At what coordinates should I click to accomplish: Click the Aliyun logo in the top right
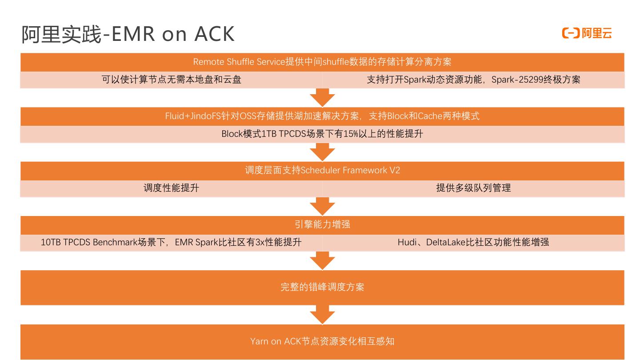coord(587,33)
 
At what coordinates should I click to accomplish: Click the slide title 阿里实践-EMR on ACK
coord(128,34)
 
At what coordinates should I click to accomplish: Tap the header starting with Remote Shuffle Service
coord(322,62)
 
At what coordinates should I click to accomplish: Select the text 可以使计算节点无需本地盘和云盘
coord(172,80)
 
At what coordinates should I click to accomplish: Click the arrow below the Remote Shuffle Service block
coord(322,97)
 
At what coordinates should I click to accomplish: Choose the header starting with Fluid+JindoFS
coord(322,116)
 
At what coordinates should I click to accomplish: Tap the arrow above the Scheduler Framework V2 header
coord(322,152)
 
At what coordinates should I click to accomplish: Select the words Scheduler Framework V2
coord(350,170)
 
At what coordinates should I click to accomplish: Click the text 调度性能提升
coord(171,188)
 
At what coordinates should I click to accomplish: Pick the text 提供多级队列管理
coord(473,188)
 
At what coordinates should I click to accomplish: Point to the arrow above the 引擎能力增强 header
coord(322,206)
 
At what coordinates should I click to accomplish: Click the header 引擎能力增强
coord(322,224)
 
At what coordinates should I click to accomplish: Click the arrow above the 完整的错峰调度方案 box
coord(322,260)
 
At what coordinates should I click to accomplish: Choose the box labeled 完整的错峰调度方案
coord(322,287)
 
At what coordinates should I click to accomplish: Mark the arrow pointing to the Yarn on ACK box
coord(322,315)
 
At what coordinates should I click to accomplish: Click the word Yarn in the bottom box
coord(259,342)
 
